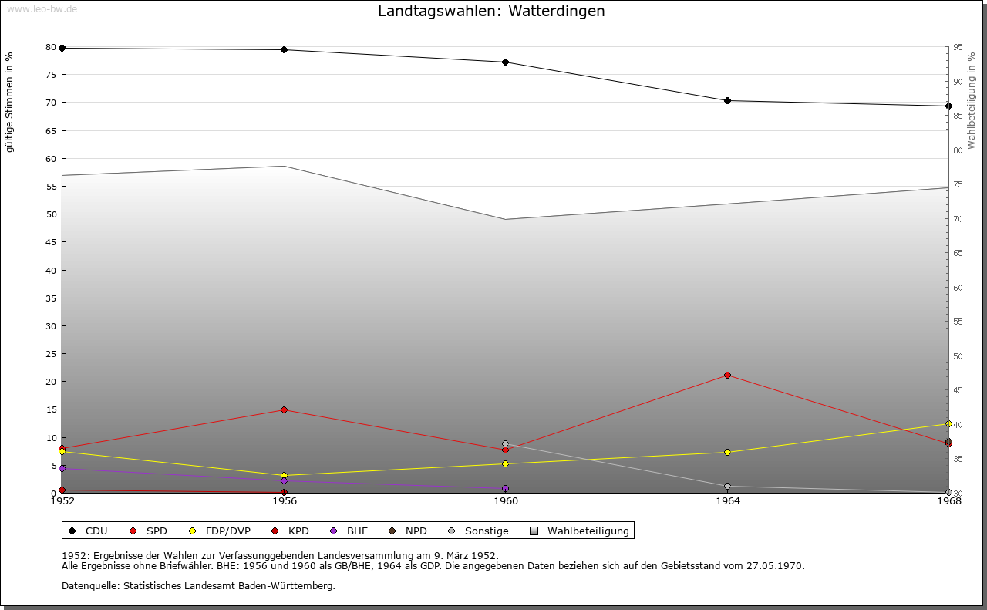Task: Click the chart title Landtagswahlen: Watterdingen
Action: coord(491,12)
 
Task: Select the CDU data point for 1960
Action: coord(505,62)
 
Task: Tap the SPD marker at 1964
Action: coord(727,375)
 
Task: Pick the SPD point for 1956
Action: coord(284,409)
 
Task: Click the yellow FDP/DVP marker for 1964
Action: coord(727,452)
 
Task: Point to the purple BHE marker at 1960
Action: coord(505,488)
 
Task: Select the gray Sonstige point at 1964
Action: coord(727,486)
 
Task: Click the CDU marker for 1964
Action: coord(727,100)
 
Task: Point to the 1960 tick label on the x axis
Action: coord(506,501)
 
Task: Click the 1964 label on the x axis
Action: coord(727,501)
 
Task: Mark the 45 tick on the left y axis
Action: coord(51,242)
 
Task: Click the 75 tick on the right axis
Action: coord(957,184)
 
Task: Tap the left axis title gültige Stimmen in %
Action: coord(10,102)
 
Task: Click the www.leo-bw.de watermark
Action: coord(42,8)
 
